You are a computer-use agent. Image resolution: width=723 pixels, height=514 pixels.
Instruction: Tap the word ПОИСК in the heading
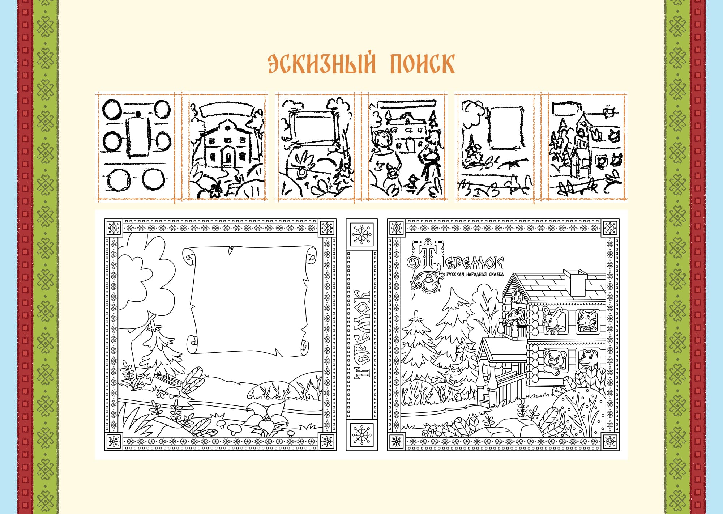pos(422,64)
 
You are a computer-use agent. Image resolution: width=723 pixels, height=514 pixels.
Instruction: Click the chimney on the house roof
pos(575,282)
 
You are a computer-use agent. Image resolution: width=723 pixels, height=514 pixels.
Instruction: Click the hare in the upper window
pos(552,320)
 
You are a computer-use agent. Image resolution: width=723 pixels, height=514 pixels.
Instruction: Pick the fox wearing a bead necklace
pos(586,320)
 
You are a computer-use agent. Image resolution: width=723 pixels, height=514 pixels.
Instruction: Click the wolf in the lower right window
pos(586,359)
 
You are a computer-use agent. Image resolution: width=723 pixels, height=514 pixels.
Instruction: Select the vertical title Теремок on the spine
pos(362,334)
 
